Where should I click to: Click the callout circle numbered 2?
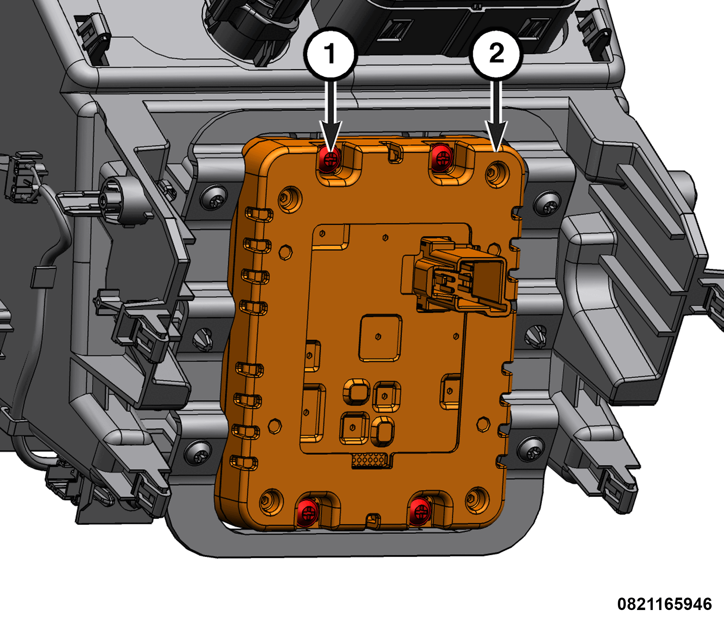click(496, 54)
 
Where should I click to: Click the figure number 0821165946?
click(665, 604)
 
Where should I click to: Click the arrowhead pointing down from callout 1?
click(330, 136)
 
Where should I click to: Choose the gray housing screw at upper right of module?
click(547, 203)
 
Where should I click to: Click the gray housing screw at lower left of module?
click(198, 453)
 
